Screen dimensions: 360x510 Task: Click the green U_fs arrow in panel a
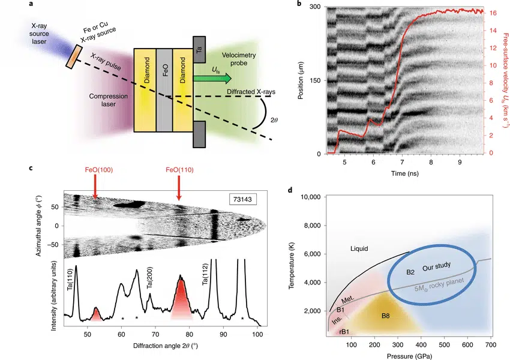(x=219, y=79)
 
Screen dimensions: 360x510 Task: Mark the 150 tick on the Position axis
(x=315, y=80)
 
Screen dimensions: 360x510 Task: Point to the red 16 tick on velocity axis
(x=493, y=12)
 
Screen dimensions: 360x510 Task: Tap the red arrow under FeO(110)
(x=178, y=193)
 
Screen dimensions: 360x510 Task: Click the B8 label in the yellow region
(x=385, y=316)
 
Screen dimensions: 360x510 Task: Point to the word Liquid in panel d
(x=362, y=248)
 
